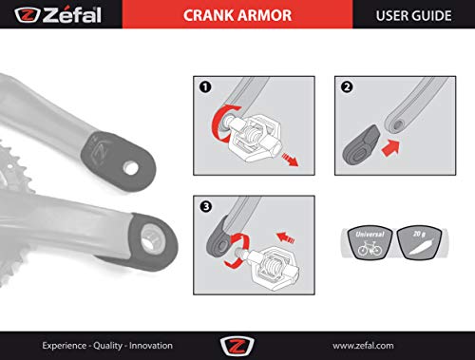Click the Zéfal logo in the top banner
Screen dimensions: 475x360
[x=58, y=15]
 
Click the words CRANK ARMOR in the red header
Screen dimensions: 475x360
[x=237, y=15]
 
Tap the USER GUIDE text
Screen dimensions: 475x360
[x=413, y=15]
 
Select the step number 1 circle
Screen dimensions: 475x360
[x=205, y=86]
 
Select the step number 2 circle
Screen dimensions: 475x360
[x=347, y=86]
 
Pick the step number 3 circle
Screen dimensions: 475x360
[x=206, y=207]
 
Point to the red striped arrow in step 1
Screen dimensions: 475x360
[x=290, y=159]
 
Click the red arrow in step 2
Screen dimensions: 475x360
[x=390, y=147]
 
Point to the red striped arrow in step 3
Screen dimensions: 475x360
[x=286, y=237]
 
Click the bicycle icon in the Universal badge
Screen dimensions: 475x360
[x=370, y=248]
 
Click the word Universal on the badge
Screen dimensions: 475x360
[x=370, y=235]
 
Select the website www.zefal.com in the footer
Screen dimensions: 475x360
[x=363, y=346]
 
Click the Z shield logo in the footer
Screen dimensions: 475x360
[x=237, y=346]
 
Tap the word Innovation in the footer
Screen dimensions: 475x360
[x=151, y=346]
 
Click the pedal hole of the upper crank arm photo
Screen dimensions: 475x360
[x=130, y=168]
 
